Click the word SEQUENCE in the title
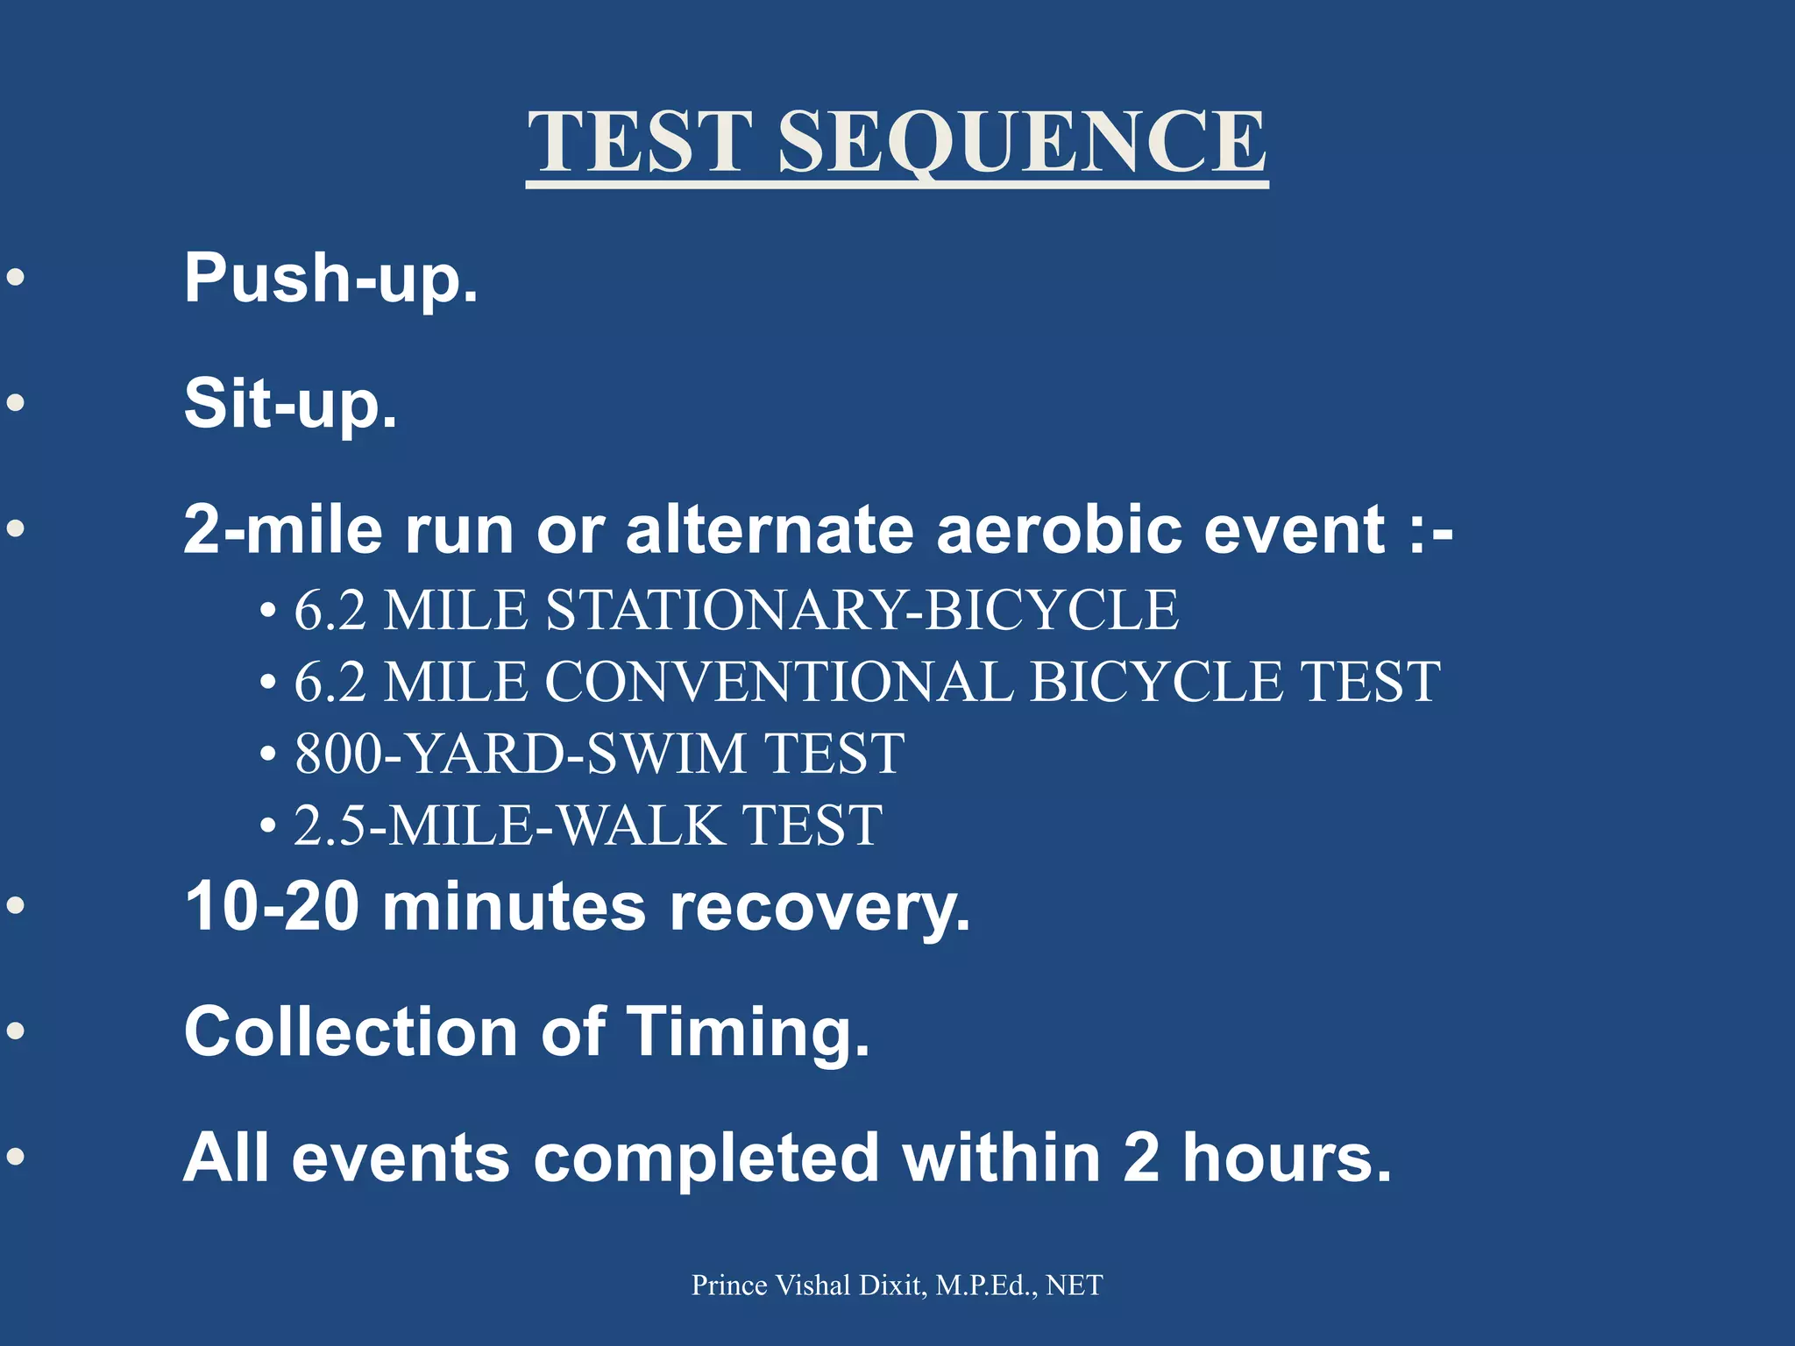click(1022, 142)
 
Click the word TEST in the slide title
click(641, 142)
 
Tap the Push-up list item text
click(331, 279)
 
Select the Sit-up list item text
click(291, 404)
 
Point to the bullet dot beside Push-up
click(16, 279)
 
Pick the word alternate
click(770, 529)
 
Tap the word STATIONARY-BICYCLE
click(862, 610)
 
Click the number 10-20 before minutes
click(272, 906)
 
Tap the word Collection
click(351, 1031)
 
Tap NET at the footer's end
click(1075, 1286)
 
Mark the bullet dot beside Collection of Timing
click(16, 1031)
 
